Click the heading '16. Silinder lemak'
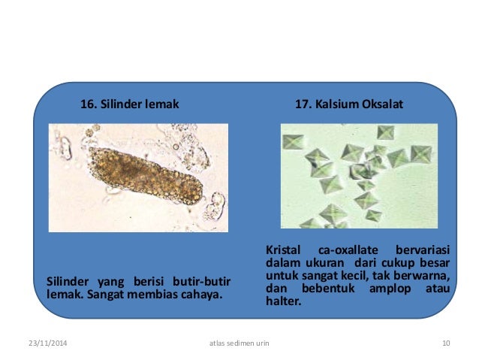pos(129,104)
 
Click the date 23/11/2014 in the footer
pos(47,343)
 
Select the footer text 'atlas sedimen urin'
pos(239,343)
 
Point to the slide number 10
pos(446,343)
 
